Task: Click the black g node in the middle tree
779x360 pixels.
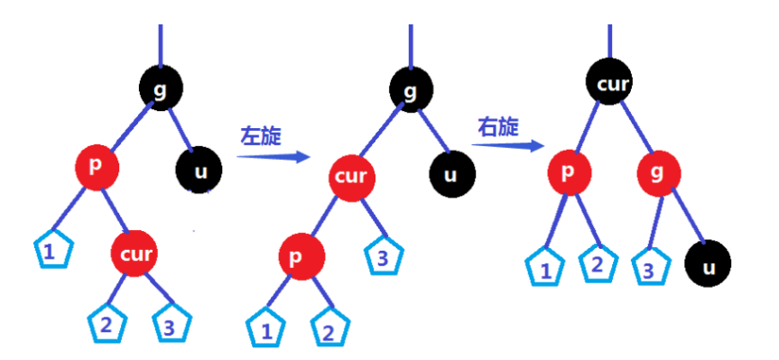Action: [411, 89]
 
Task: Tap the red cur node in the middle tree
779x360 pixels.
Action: [350, 175]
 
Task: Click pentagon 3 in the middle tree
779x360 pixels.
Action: [383, 257]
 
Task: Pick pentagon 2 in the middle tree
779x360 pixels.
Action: [328, 329]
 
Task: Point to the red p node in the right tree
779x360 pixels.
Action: [569, 172]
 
